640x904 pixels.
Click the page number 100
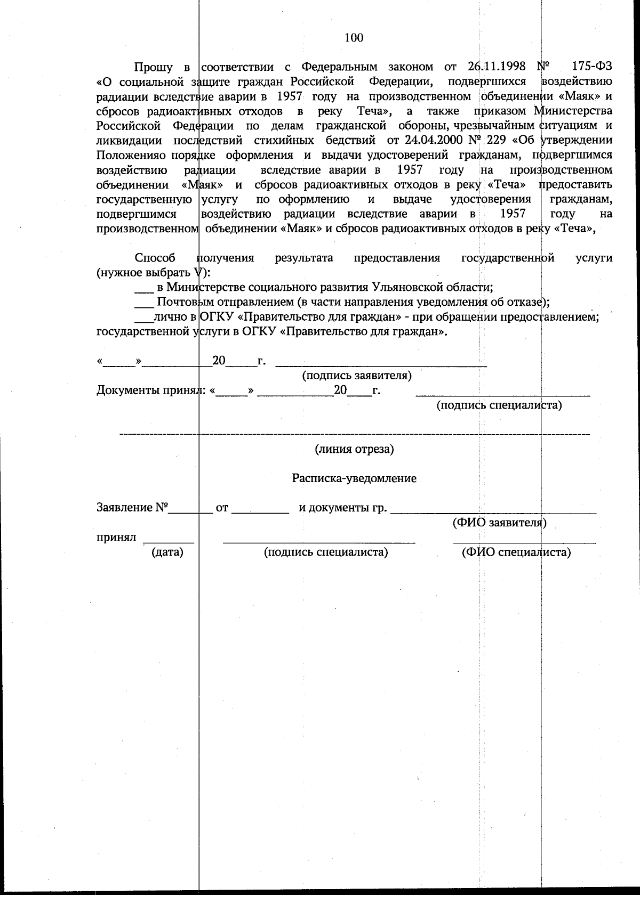tap(354, 37)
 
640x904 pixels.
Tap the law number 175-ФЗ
tap(591, 67)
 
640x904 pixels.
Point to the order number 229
tap(497, 141)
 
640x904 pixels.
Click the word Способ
tap(155, 258)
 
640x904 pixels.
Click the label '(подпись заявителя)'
tap(357, 376)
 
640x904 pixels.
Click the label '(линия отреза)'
tap(354, 449)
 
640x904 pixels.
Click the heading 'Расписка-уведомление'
tap(354, 478)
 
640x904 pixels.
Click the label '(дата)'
tap(167, 552)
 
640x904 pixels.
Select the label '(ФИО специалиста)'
tap(516, 552)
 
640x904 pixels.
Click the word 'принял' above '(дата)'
tap(116, 537)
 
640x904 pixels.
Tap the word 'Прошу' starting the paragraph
tap(153, 67)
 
